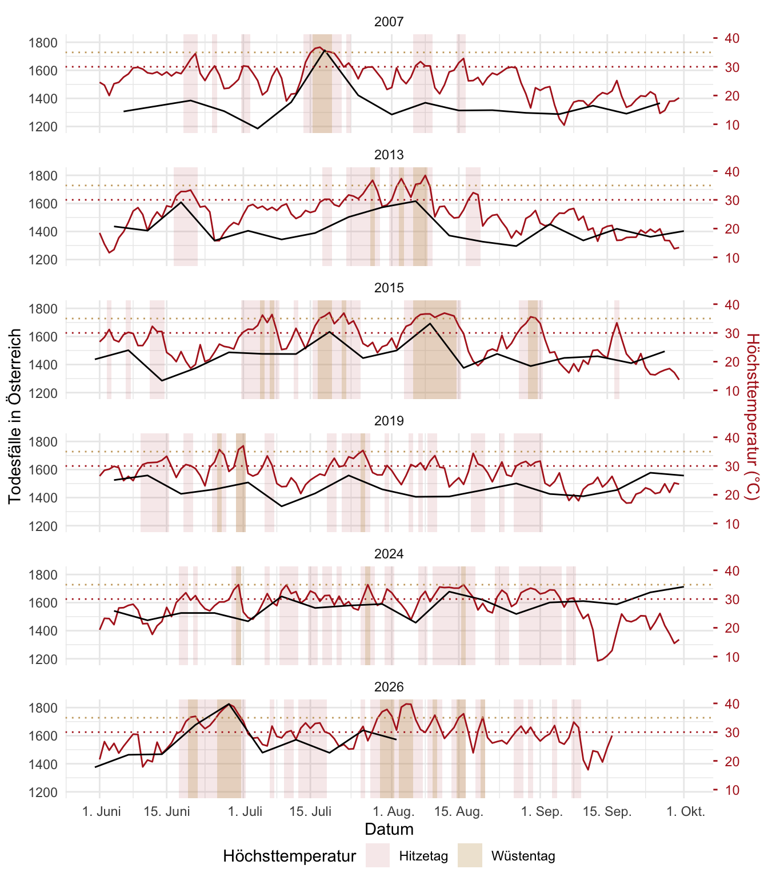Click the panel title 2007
[389, 22]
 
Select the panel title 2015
[389, 288]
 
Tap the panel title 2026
[389, 687]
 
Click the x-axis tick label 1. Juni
[101, 811]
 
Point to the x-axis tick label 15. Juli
[310, 811]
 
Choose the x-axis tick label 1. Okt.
[686, 811]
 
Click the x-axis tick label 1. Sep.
[542, 811]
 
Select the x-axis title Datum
[389, 829]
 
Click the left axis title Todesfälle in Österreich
[14, 416]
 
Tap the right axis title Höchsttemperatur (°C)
[753, 416]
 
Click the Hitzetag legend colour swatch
[378, 855]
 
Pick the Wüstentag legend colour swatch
[470, 855]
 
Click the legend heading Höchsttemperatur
[289, 856]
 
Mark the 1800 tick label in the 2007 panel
[43, 42]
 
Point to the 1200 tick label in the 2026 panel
[43, 792]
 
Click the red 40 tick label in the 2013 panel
[732, 171]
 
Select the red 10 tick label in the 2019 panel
[732, 524]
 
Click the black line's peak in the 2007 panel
[325, 50]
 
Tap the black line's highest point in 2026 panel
[229, 703]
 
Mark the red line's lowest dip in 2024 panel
[598, 661]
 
